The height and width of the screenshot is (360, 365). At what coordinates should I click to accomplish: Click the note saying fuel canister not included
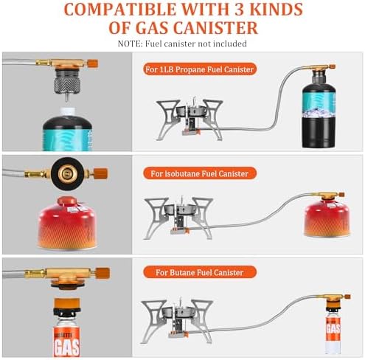coord(181,44)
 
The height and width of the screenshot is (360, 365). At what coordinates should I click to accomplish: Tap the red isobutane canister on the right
coord(326,217)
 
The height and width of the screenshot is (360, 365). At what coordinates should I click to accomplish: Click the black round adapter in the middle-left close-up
coord(61,174)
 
